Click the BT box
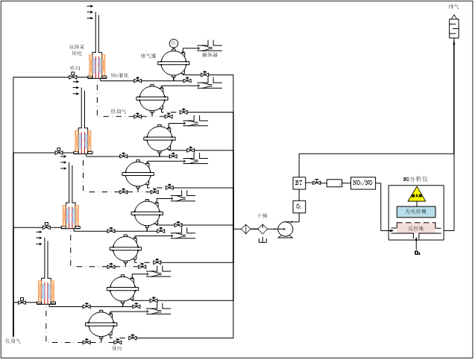click(x=298, y=183)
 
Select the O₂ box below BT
click(x=298, y=205)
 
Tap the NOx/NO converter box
click(x=362, y=182)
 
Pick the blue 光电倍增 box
click(x=416, y=212)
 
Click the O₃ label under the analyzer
click(x=417, y=253)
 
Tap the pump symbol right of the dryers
click(x=284, y=230)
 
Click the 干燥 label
click(x=262, y=215)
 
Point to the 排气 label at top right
click(x=453, y=7)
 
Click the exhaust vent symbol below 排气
click(x=453, y=28)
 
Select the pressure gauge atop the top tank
click(x=173, y=42)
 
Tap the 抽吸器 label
click(x=211, y=54)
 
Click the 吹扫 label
click(x=74, y=68)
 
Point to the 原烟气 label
click(x=120, y=111)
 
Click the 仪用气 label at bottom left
click(x=13, y=341)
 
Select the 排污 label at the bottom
click(x=116, y=348)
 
